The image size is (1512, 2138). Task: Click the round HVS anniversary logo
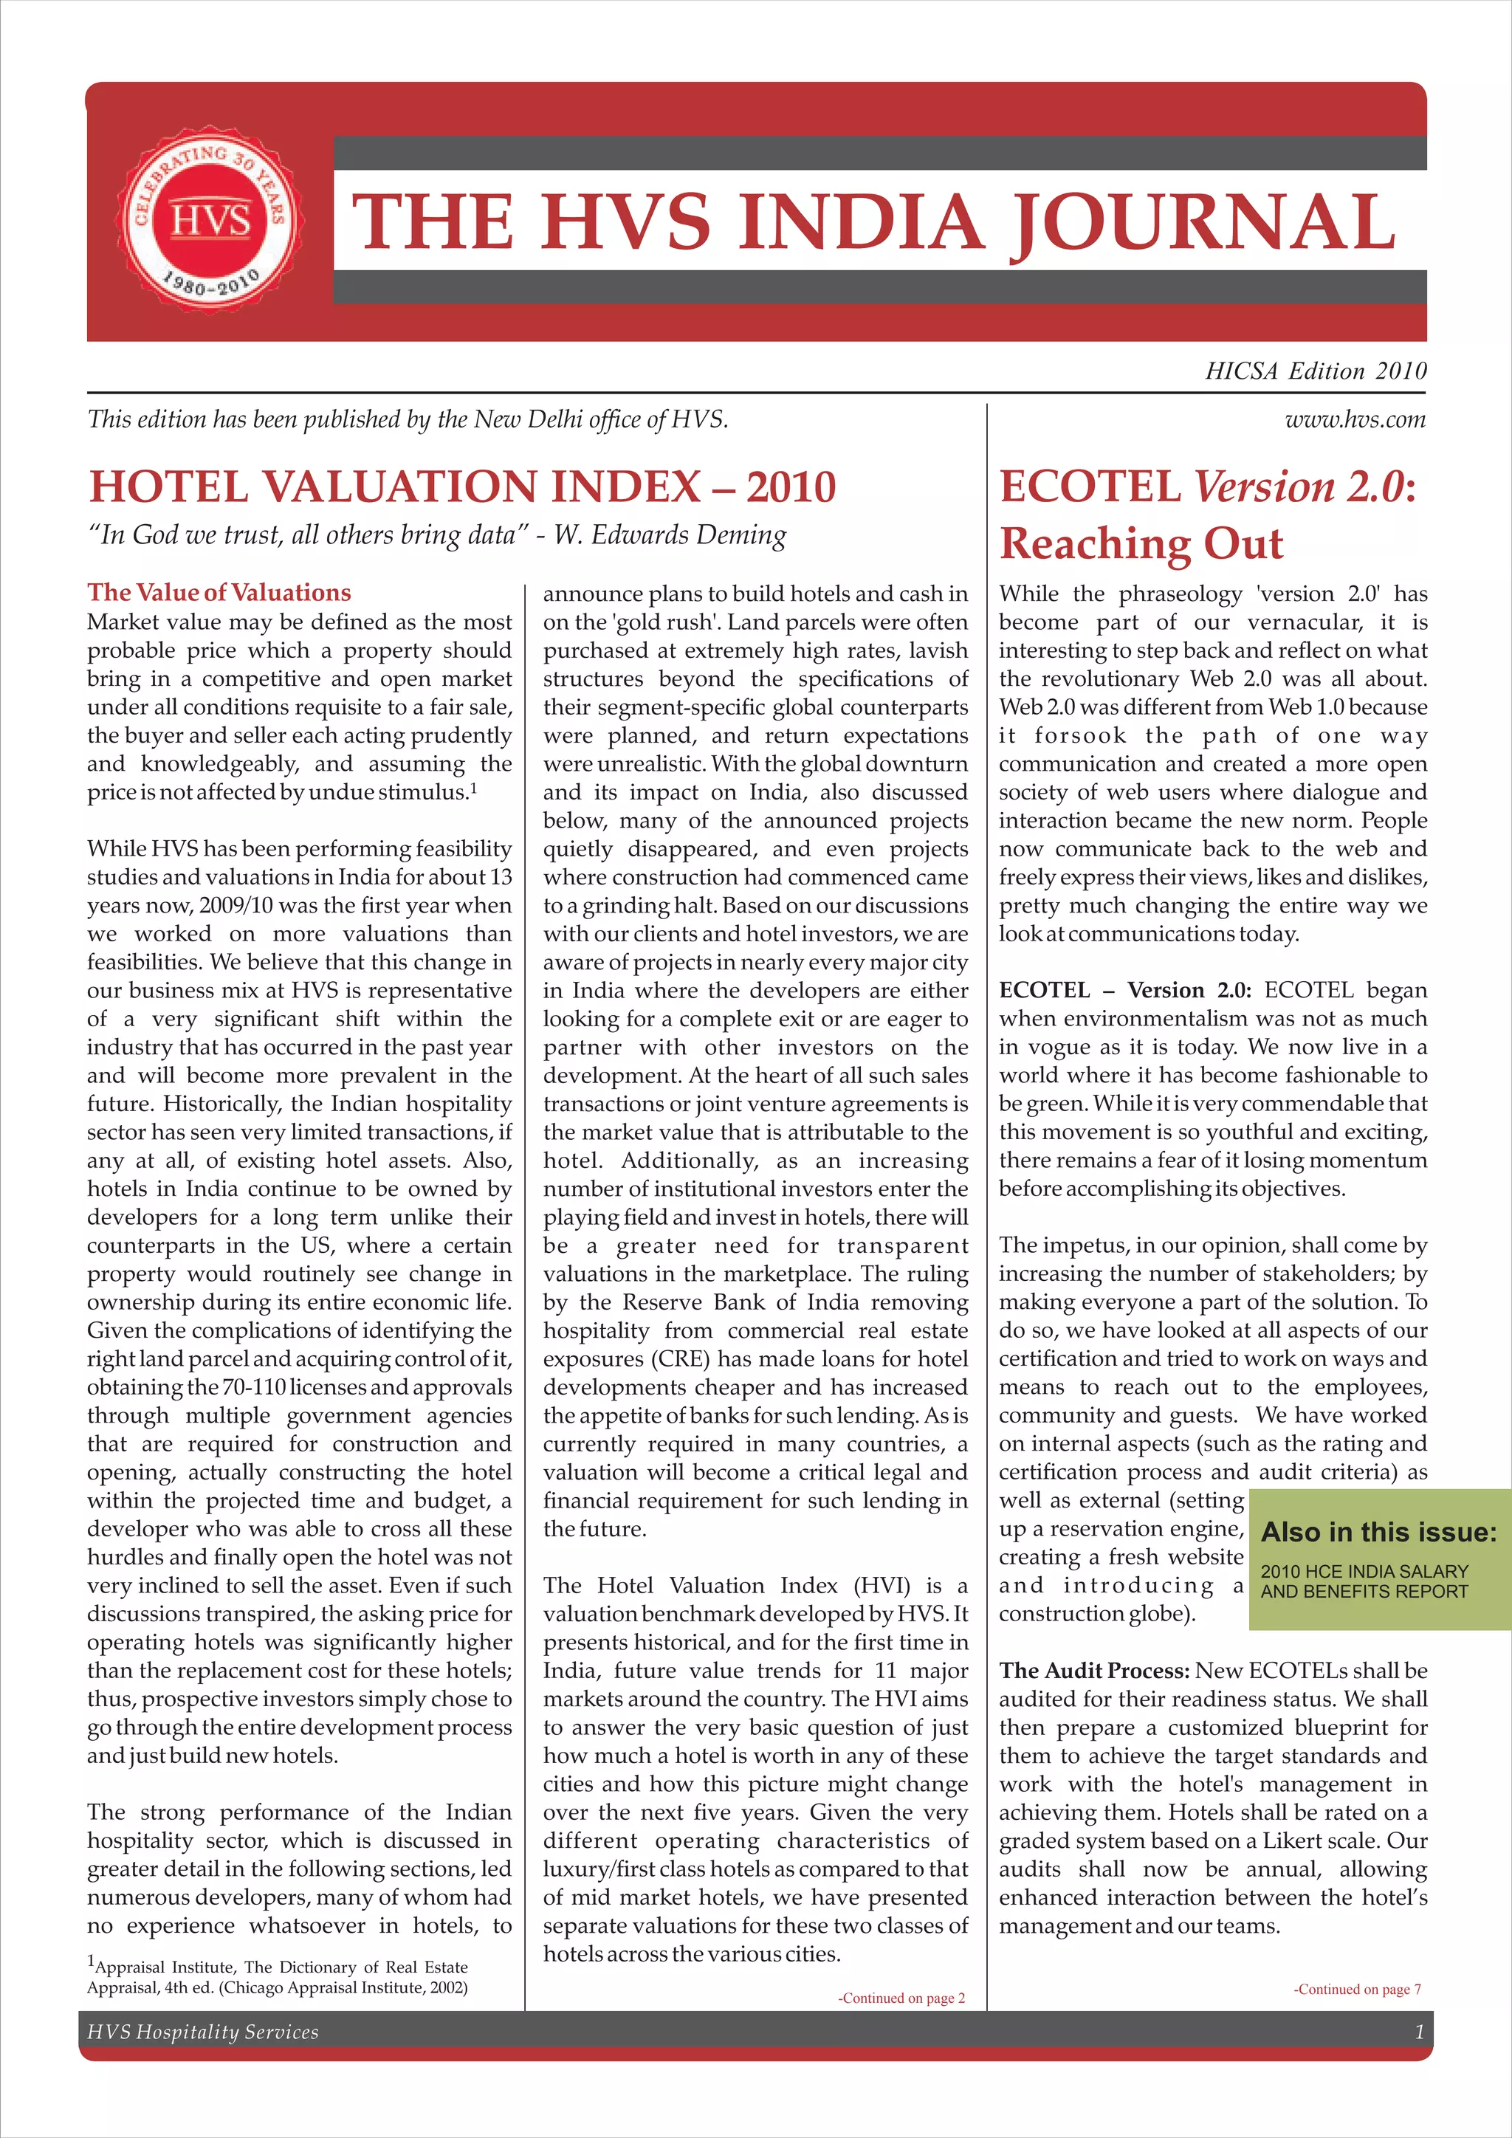tap(210, 221)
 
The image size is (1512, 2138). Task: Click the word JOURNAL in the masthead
tap(1202, 222)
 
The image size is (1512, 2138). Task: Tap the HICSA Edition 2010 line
tap(1315, 371)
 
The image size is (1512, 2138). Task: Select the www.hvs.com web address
tap(1355, 420)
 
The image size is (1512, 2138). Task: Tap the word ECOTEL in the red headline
tap(1089, 487)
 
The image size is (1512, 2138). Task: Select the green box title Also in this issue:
tap(1378, 1532)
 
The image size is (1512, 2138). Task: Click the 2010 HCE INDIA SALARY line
tap(1364, 1571)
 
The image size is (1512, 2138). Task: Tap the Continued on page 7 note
tap(1356, 1989)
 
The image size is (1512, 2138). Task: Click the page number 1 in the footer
tap(1419, 2032)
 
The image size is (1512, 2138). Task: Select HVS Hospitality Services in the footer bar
tap(203, 2032)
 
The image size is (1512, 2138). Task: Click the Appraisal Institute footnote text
tap(278, 1977)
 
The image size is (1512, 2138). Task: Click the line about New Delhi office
tap(407, 420)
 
